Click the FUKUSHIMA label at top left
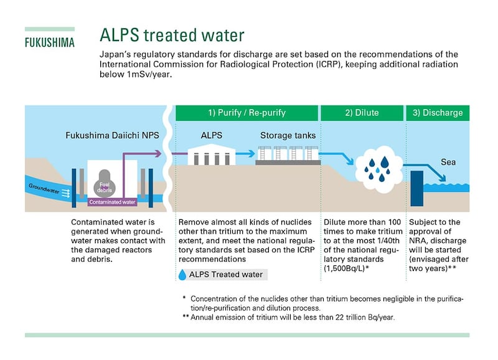tap(49, 43)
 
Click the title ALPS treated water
tap(172, 34)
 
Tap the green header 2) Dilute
tap(362, 113)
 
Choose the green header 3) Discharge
tap(438, 113)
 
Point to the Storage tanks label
tap(287, 135)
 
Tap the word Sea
tap(448, 162)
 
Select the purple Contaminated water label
tap(112, 202)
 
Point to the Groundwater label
tap(45, 187)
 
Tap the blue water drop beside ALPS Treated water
tap(182, 275)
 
